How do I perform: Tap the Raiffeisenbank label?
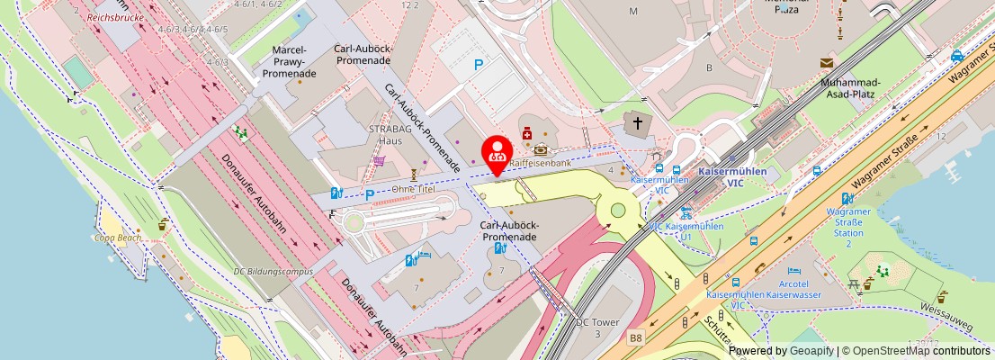coord(540,164)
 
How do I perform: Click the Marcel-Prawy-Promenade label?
coord(289,61)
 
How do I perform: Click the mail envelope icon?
coord(826,62)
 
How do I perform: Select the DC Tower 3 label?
coord(594,328)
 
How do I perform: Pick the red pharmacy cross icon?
coord(526,134)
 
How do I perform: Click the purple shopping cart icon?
coord(380,162)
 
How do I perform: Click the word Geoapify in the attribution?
coord(811,351)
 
